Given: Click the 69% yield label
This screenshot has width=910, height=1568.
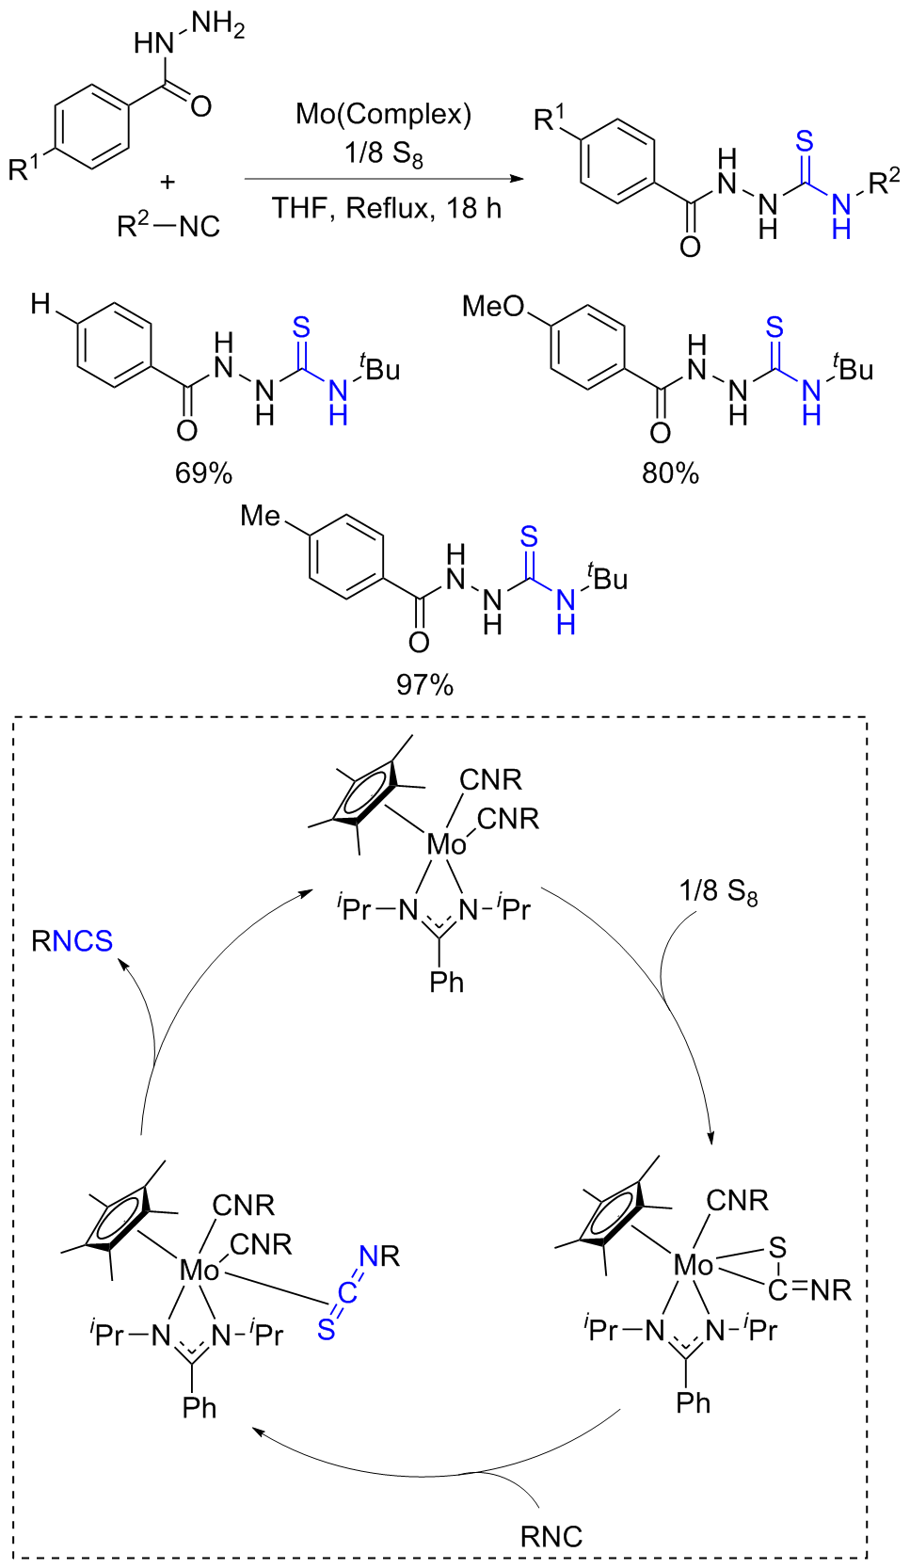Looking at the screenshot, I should (203, 472).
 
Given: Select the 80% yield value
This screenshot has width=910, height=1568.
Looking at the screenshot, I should (670, 473).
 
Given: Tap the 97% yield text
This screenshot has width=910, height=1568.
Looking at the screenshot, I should (424, 684).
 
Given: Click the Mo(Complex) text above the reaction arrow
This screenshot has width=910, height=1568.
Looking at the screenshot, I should (383, 115).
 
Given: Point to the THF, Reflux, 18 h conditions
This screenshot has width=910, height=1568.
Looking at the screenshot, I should (387, 208).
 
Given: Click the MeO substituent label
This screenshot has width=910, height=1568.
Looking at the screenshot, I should (493, 307).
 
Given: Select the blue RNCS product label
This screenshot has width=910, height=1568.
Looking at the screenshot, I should (72, 941).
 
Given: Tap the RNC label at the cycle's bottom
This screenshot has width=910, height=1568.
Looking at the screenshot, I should (551, 1536).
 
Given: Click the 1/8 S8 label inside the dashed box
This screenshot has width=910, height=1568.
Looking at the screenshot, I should (718, 891).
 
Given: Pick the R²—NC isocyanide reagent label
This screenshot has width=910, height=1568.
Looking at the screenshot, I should (168, 226).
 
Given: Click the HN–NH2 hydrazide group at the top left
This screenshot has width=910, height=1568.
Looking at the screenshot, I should (188, 36).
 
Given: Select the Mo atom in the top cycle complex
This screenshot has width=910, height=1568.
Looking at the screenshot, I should (446, 844).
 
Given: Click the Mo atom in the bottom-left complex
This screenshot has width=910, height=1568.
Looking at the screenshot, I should (200, 1271).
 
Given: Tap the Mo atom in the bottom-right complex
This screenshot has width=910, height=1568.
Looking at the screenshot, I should (694, 1266).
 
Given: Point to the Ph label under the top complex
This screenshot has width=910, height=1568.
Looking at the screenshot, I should (446, 983).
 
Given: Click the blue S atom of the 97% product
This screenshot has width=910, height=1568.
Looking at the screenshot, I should (529, 537).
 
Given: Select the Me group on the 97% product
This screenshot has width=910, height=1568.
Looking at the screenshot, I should (261, 516).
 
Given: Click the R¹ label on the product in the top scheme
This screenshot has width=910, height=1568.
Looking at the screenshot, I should (550, 119).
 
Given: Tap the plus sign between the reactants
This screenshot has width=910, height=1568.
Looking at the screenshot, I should (168, 183).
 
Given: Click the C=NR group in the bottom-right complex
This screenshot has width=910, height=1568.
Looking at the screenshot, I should (809, 1289).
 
